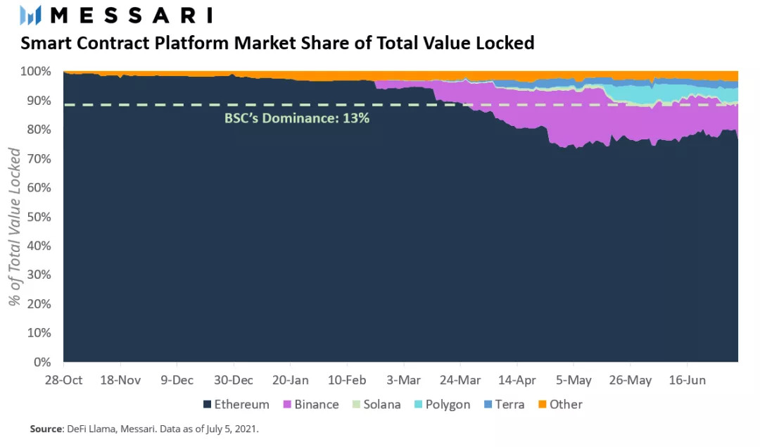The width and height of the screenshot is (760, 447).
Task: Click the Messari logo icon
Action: (x=32, y=15)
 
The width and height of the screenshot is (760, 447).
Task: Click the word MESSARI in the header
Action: (x=132, y=15)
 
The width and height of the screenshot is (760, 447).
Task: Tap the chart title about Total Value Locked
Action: (x=277, y=44)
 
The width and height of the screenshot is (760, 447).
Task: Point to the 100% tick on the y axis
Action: (x=35, y=72)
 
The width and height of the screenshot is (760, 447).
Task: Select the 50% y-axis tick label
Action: (x=38, y=217)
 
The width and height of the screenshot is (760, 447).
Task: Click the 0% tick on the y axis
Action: (x=42, y=363)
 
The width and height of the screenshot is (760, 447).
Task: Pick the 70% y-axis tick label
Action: (x=38, y=159)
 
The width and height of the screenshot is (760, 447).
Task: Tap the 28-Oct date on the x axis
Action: (x=64, y=380)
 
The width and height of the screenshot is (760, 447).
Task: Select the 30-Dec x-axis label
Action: (x=234, y=380)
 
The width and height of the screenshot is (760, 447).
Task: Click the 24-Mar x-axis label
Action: (x=461, y=380)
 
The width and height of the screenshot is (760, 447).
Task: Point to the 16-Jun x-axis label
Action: (x=687, y=380)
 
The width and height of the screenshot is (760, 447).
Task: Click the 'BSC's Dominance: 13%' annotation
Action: (x=297, y=118)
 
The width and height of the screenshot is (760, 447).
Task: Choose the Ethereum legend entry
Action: (x=236, y=405)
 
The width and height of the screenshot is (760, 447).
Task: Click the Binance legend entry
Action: (x=310, y=405)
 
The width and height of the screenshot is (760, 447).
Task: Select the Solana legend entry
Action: (x=376, y=405)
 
